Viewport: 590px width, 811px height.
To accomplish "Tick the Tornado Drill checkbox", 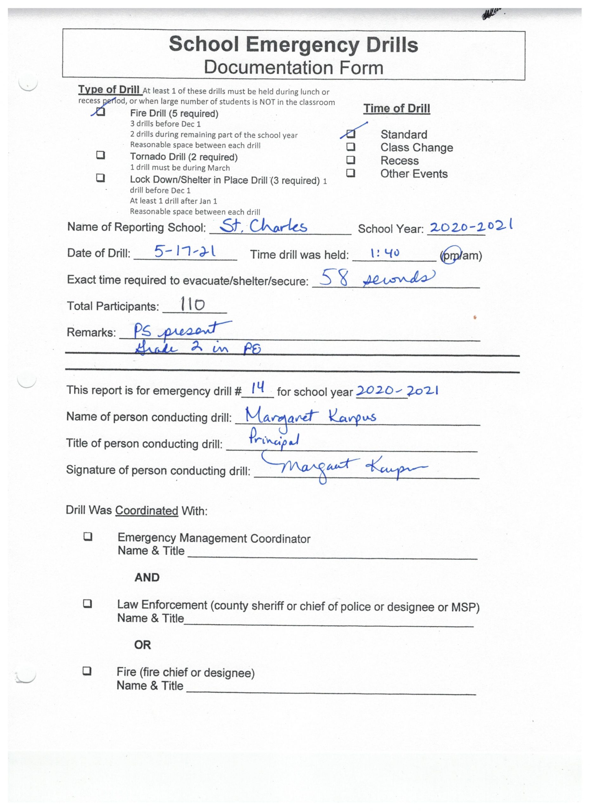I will click(101, 155).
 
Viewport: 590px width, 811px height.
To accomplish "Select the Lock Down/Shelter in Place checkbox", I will click(100, 178).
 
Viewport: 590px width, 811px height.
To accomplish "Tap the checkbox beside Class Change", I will click(351, 147).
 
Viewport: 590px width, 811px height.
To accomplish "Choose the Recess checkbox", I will click(351, 159).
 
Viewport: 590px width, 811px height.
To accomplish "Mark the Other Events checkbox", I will click(351, 173).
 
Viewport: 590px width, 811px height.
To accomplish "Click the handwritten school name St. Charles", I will click(263, 226).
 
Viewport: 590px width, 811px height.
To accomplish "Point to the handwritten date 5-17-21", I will click(185, 252).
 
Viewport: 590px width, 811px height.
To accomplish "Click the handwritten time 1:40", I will click(385, 253).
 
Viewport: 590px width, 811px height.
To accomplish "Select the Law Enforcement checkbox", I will click(88, 604).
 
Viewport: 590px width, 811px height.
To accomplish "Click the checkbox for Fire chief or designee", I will click(87, 671).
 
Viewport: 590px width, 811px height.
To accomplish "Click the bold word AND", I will click(147, 578).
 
